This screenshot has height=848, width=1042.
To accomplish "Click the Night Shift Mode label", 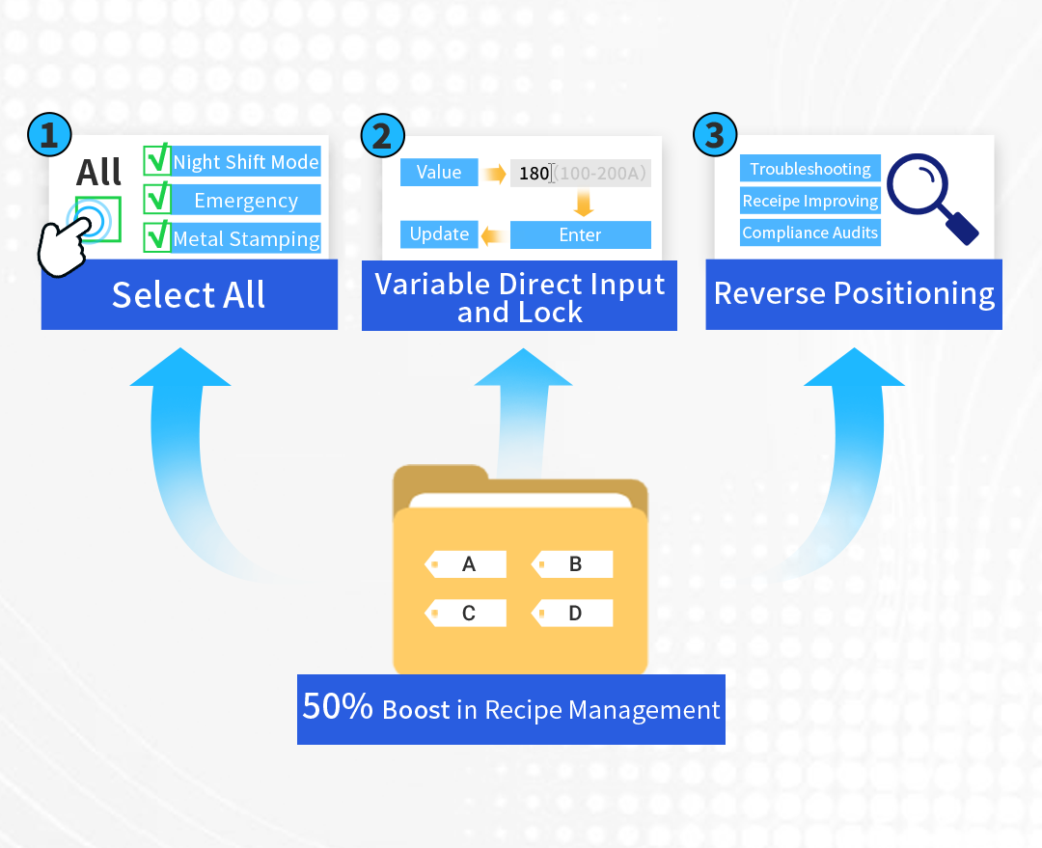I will [x=246, y=162].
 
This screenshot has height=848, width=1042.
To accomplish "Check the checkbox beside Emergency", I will [x=156, y=200].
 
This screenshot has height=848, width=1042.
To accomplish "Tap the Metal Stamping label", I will [x=246, y=238].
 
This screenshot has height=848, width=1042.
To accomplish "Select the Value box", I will [x=439, y=173].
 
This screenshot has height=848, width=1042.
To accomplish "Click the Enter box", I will [x=580, y=234].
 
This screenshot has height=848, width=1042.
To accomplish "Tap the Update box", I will [x=439, y=234].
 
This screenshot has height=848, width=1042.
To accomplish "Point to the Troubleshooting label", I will [x=809, y=169].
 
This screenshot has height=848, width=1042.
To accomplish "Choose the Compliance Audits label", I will [x=809, y=233].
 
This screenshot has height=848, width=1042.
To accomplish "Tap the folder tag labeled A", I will [x=467, y=564].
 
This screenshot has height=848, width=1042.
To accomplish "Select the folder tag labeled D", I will [x=574, y=613].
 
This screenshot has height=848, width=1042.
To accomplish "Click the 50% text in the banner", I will [x=338, y=708].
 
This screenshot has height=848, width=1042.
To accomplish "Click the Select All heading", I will [x=188, y=295].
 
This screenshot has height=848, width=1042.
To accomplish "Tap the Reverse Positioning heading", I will [x=854, y=294].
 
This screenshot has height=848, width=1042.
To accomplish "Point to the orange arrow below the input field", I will [x=582, y=204].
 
